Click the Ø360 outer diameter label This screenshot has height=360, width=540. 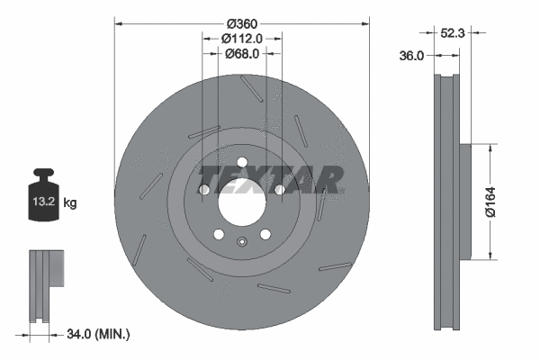coord(241,22)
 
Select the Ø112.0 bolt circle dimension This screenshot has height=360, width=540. coord(241,39)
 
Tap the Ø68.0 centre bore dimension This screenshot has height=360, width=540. coord(241,54)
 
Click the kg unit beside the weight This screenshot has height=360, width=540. coord(70,203)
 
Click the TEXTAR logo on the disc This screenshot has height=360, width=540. coord(270,179)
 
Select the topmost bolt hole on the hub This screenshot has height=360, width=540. coord(241,162)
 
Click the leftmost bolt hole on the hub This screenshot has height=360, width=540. coord(204,190)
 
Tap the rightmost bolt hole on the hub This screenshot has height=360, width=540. coord(279,190)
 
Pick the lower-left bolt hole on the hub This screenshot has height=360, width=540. coord(218,234)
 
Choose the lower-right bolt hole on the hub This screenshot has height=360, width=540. coord(265,234)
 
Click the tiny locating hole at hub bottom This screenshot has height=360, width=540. coord(241,240)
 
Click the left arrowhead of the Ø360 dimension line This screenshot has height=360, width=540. coord(117,22)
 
